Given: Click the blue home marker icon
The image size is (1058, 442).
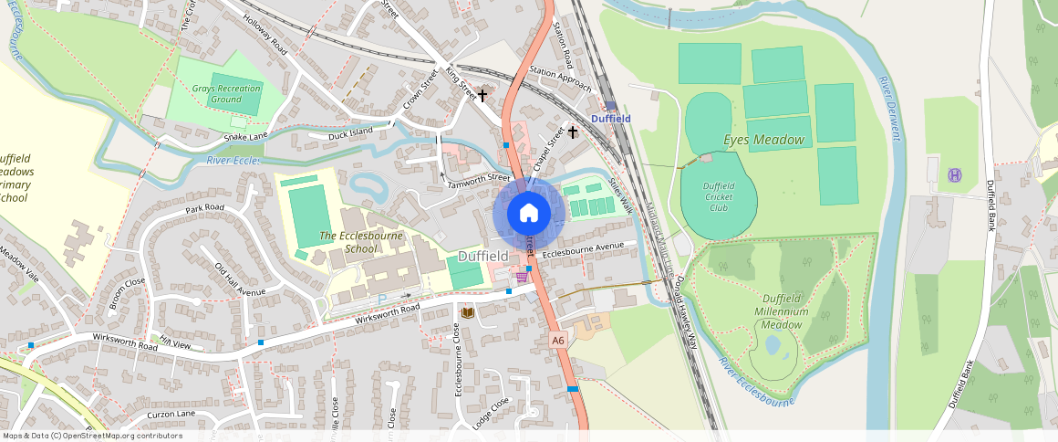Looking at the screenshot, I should [529, 214].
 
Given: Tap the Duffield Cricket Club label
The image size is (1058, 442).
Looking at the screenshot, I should [719, 196].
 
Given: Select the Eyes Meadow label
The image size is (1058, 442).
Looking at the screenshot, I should [763, 140].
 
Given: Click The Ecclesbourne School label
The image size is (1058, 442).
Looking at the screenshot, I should [348, 242].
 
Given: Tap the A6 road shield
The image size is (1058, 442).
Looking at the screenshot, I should [558, 340].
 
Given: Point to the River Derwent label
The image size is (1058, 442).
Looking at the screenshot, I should [890, 109].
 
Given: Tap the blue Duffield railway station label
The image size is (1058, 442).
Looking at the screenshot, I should [610, 119].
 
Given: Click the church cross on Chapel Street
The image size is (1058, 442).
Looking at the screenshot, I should [573, 132].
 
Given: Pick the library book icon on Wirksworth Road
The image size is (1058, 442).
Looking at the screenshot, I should [467, 312].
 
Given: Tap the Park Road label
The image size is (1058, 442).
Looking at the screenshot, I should [204, 209].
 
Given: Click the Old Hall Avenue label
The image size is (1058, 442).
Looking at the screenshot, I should [239, 279].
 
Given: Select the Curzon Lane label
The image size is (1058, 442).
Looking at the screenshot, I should [171, 414].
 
